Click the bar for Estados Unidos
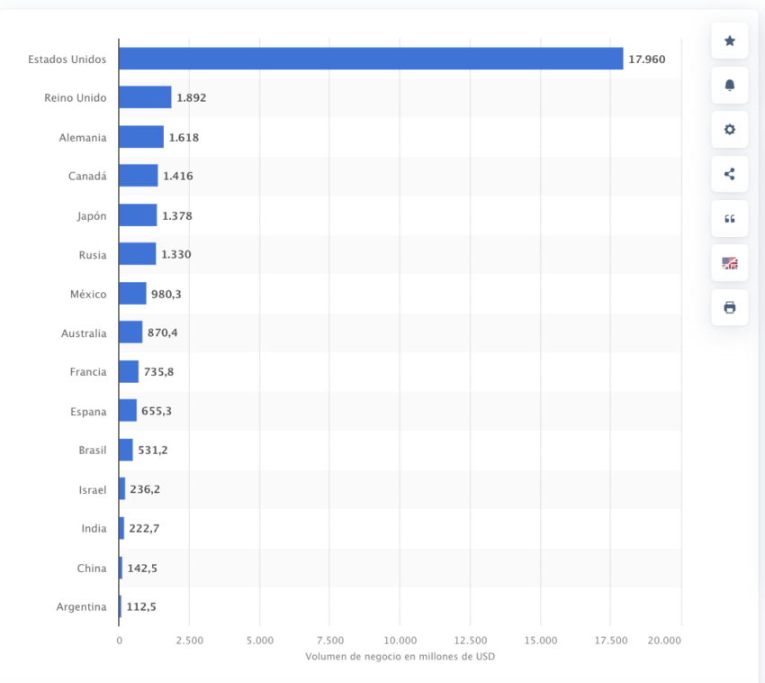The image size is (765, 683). (371, 59)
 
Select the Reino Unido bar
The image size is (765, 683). (145, 97)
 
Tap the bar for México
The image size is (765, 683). (132, 294)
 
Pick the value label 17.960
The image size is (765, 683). (647, 59)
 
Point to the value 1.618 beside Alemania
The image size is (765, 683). (184, 137)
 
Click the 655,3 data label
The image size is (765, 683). (157, 411)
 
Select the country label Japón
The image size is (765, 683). (92, 215)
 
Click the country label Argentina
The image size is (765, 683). (81, 606)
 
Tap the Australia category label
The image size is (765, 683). (84, 333)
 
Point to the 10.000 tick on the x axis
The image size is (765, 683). (400, 640)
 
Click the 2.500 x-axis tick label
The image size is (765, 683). (189, 640)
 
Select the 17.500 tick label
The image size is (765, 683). (611, 640)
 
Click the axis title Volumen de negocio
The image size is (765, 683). (400, 656)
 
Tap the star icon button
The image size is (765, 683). (729, 41)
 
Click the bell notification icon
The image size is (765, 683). (729, 85)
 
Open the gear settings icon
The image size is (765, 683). (729, 129)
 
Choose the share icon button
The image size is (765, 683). (729, 174)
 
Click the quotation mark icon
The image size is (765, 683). (729, 218)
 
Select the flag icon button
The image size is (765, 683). (729, 263)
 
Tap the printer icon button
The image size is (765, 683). (729, 307)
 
